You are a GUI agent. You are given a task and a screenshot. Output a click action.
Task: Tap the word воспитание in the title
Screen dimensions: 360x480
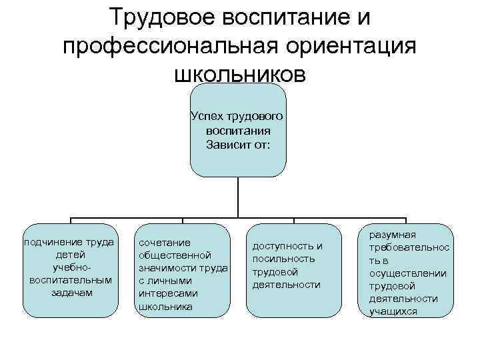293,17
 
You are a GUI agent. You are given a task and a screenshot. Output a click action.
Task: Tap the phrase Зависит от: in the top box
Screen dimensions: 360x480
238,145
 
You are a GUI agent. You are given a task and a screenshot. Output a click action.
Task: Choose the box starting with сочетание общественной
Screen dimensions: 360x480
183,270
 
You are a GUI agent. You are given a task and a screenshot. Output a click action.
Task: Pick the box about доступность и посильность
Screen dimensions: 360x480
294,270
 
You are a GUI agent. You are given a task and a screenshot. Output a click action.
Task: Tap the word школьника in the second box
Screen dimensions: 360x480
164,307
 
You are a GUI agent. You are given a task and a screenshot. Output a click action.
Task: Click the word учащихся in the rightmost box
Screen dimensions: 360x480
394,311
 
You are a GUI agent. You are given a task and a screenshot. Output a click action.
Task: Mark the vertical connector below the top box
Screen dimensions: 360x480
238,197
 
